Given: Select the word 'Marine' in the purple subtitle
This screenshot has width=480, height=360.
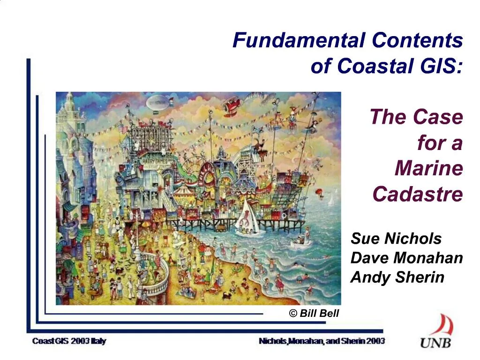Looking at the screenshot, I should click(429, 168).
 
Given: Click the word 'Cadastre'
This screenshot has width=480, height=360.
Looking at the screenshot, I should click(418, 194).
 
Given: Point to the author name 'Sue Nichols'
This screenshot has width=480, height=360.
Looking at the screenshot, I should click(396, 239).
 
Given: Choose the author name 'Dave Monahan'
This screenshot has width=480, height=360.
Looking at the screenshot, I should click(406, 258).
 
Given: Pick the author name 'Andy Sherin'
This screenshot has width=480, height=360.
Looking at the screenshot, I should click(397, 277).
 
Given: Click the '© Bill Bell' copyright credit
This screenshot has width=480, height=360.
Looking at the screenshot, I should click(314, 314).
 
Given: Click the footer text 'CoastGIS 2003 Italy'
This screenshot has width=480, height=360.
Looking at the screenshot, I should click(69, 341).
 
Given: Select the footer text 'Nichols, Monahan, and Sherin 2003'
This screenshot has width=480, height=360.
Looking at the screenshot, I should click(322, 341).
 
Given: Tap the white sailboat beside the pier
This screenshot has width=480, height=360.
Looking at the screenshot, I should click(247, 222).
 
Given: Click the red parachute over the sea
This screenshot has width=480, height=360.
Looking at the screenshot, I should click(320, 192).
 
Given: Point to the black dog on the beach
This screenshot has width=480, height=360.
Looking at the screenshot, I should click(228, 296).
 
